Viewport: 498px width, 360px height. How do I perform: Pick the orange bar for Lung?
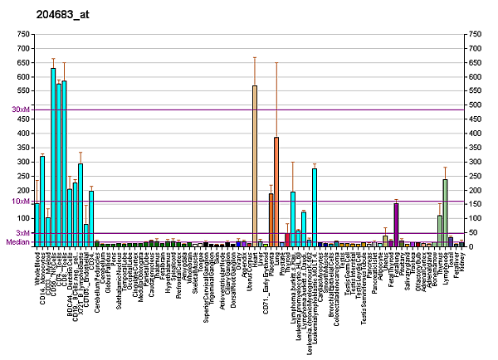276,192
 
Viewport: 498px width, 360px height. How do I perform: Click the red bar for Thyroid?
287,240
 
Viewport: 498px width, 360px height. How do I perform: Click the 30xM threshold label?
20,109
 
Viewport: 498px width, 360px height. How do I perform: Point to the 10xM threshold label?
20,202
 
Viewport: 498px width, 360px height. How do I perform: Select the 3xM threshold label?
22,233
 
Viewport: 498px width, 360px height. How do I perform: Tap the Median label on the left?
17,242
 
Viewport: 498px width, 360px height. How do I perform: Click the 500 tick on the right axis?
476,105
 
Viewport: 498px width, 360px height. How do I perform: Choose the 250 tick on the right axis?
476,176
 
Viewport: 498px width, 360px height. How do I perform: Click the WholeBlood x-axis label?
37,270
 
